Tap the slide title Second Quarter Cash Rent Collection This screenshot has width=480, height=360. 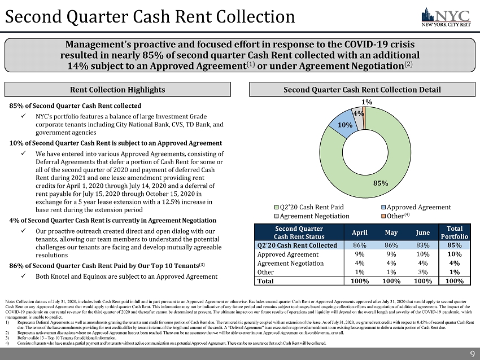[150, 17]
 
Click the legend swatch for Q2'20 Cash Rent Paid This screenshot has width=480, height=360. [276, 207]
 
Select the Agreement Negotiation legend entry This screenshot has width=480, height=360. [312, 216]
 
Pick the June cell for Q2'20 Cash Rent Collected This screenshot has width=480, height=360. [422, 245]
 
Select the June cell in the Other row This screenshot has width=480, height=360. [422, 271]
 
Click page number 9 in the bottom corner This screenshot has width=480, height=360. [472, 353]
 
